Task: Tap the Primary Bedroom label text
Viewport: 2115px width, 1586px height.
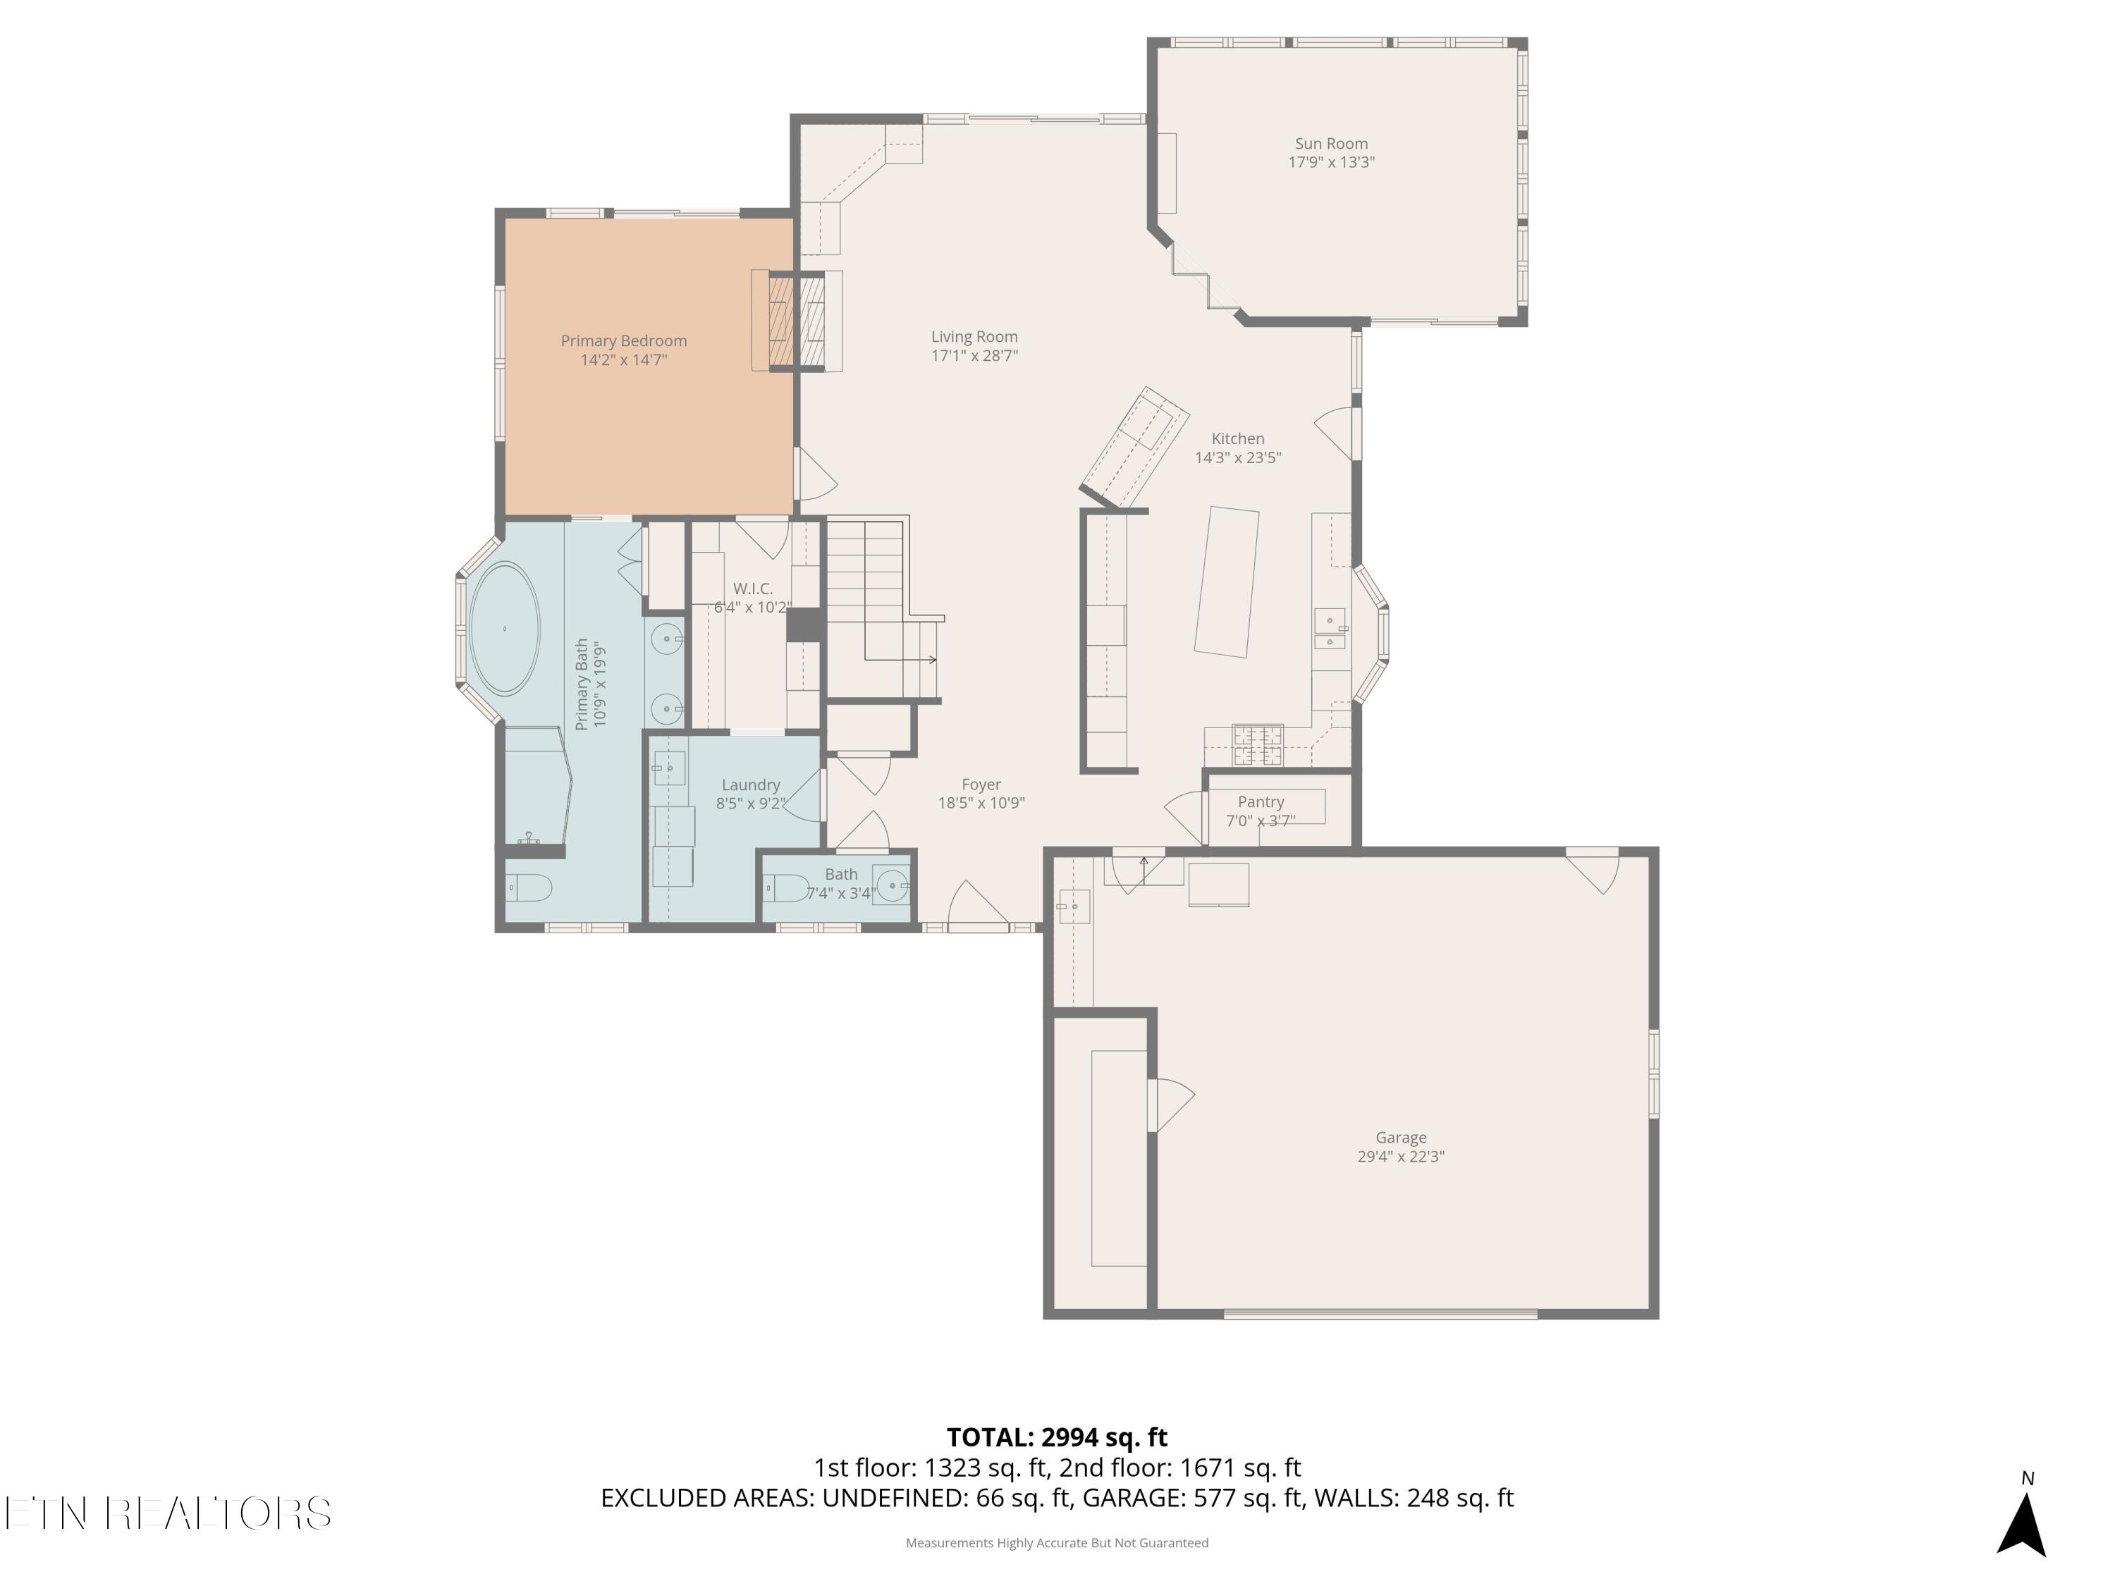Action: pos(623,341)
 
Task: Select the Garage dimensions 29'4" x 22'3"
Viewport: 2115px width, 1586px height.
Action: pos(1401,1157)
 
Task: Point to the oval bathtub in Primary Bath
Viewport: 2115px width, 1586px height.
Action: pos(504,628)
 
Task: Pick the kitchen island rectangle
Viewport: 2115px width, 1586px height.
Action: pos(1227,582)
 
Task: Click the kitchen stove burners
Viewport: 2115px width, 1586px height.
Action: pos(1257,746)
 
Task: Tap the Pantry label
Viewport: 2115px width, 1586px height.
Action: pos(1261,802)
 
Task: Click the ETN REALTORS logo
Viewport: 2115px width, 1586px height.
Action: pos(168,1513)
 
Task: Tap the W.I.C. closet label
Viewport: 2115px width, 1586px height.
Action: pos(752,589)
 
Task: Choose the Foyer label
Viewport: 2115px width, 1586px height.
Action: pos(981,785)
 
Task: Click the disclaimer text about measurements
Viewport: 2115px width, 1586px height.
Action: pos(1057,1543)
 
